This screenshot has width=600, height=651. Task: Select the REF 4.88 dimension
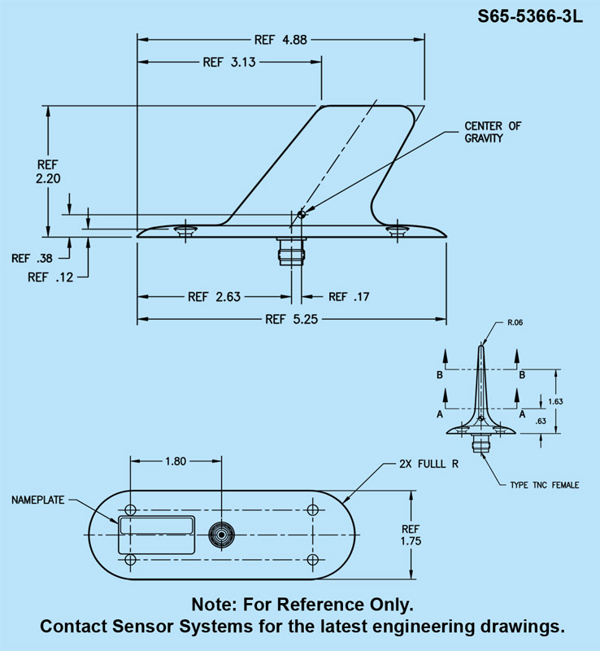281,38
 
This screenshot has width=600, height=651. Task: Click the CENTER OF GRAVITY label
493,132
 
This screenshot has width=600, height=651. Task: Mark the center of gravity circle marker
301,214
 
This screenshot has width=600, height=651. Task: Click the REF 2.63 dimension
214,296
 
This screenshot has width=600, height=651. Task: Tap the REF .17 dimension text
348,296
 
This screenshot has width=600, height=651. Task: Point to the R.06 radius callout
515,323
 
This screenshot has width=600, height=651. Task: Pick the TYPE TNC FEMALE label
544,485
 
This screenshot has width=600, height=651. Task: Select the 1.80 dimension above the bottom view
176,461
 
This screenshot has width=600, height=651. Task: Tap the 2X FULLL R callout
429,465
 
